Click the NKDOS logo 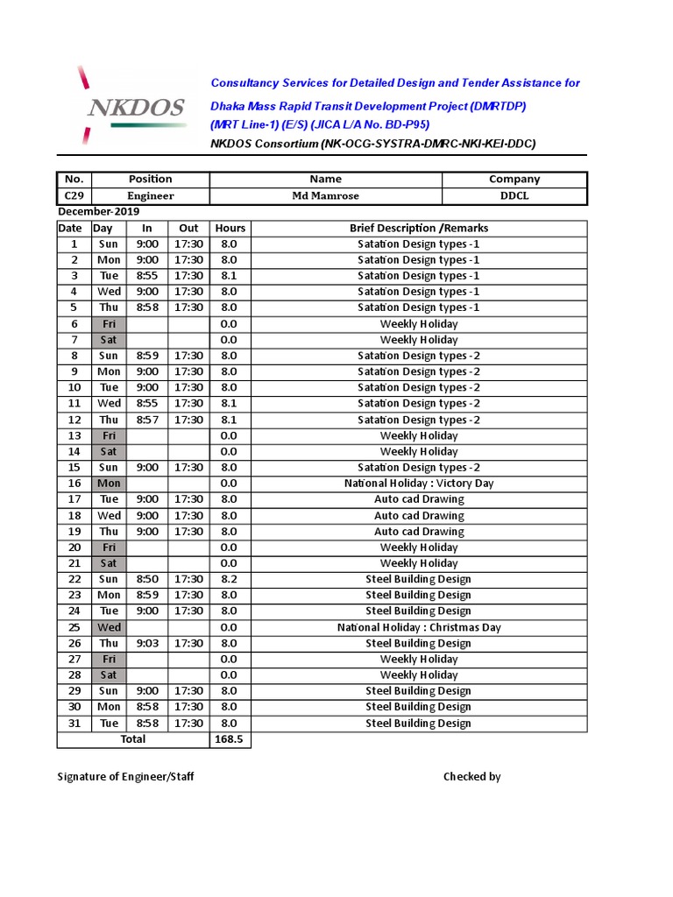click(133, 107)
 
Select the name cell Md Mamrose click(325, 196)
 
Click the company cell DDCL click(514, 196)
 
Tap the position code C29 click(74, 196)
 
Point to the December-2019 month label click(98, 212)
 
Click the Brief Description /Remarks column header click(419, 228)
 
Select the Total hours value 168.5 click(229, 739)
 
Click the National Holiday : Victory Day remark click(419, 484)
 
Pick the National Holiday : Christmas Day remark click(419, 627)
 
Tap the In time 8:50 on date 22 click(147, 579)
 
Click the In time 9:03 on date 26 click(147, 643)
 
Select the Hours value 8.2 click(229, 579)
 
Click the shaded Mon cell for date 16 click(109, 484)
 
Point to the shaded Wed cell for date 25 click(109, 627)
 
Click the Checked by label click(471, 777)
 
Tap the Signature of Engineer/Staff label click(125, 777)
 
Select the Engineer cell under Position click(151, 196)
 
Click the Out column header click(188, 228)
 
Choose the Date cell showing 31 click(74, 724)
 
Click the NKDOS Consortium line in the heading click(372, 144)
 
